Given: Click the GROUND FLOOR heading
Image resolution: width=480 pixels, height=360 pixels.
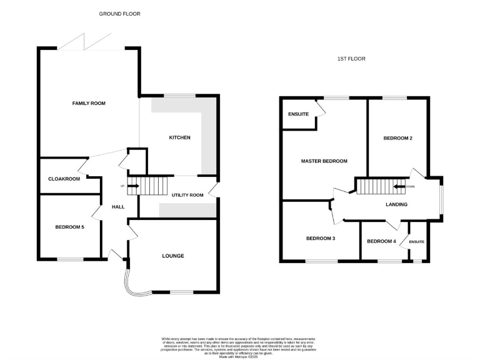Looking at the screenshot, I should [x=120, y=13].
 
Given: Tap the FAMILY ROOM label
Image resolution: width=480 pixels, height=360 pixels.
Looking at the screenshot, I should [x=89, y=103].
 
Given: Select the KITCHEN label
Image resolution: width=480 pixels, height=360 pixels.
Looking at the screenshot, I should [x=179, y=137].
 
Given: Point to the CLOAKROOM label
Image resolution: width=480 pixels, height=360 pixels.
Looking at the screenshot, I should [x=64, y=179].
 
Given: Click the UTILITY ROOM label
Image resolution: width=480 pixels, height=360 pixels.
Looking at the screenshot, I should [x=187, y=195].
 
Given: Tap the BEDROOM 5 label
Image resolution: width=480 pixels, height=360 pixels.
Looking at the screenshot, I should [x=69, y=227].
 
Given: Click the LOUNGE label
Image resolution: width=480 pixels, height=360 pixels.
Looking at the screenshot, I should [x=173, y=256].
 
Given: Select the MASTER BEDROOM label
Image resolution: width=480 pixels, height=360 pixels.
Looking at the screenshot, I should [x=324, y=161].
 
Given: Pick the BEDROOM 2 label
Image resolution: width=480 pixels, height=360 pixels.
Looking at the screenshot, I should [x=397, y=138].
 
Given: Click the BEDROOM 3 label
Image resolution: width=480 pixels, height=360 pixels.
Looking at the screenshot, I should [x=321, y=239].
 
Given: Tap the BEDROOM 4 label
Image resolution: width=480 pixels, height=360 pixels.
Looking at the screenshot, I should [x=381, y=241].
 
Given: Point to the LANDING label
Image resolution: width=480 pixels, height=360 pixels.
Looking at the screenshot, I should [x=396, y=204].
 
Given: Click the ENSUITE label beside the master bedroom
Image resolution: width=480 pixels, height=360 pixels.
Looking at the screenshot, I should [x=298, y=114].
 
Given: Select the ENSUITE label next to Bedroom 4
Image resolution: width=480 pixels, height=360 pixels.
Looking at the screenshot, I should [x=417, y=242].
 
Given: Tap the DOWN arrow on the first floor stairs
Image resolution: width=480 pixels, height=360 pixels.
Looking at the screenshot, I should [x=399, y=186].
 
